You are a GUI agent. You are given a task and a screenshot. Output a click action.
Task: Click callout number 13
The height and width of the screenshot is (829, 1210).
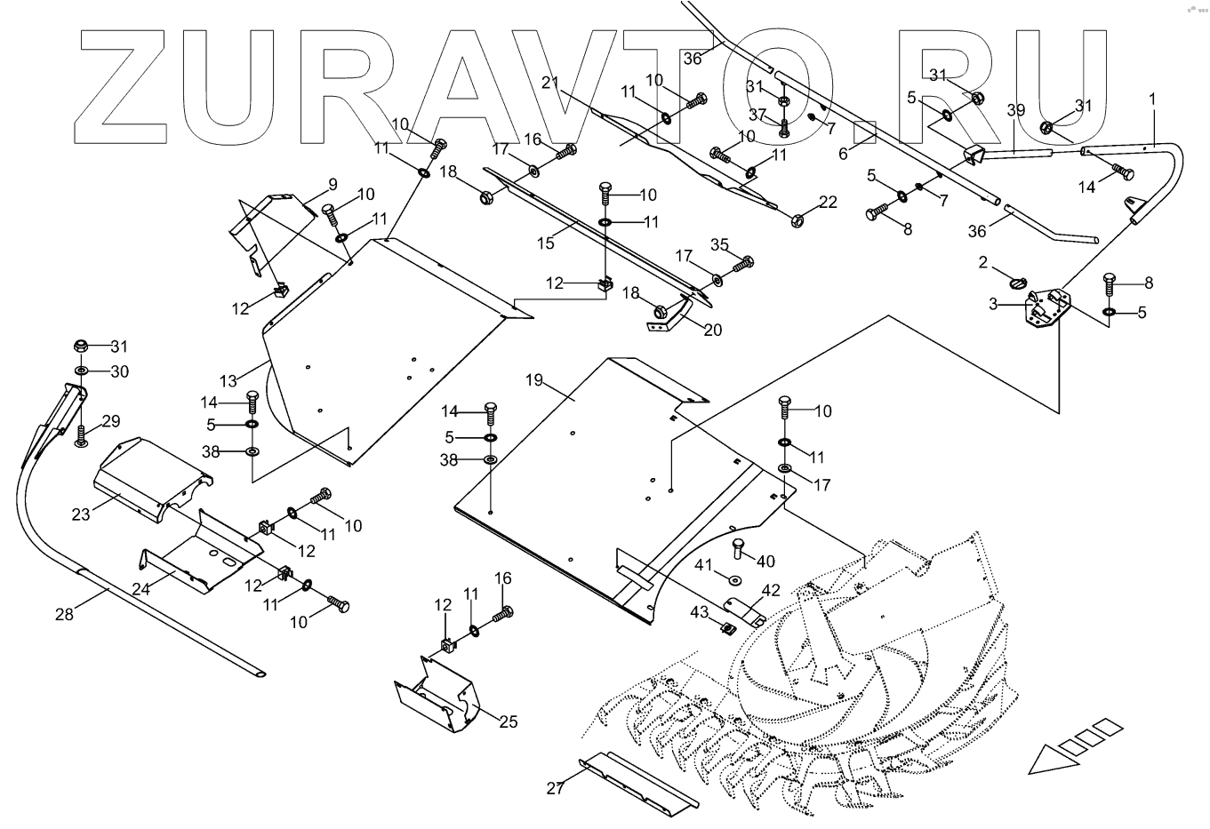click(x=228, y=381)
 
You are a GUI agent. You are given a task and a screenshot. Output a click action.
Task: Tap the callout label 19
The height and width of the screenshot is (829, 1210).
click(x=533, y=380)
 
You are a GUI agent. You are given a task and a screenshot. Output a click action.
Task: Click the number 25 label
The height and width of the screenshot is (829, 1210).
click(x=508, y=721)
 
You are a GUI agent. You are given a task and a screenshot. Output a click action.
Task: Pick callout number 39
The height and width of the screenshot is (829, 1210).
click(x=1016, y=110)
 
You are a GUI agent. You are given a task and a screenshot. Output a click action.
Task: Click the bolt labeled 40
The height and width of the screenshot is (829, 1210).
click(x=737, y=550)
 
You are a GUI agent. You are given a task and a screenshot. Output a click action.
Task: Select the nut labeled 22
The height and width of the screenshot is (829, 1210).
click(x=797, y=218)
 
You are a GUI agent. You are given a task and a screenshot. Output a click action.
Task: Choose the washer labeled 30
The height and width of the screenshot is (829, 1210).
click(x=81, y=370)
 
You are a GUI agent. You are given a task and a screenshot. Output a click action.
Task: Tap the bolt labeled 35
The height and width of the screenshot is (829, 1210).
click(x=742, y=264)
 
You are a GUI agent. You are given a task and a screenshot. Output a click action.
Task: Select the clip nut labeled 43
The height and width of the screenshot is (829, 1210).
click(x=726, y=630)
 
